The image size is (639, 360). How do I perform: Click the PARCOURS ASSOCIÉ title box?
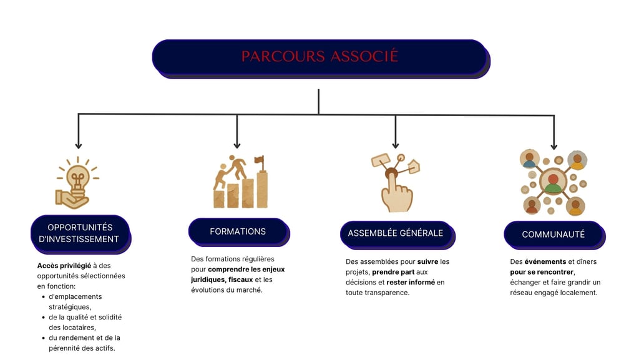coord(319,57)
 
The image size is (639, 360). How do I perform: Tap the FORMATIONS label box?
coord(238,231)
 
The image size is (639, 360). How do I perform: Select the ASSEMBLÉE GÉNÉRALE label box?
coord(395,233)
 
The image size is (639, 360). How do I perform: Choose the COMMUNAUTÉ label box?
coord(553,235)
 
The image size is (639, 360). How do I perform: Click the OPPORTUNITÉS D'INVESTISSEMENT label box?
coord(79,233)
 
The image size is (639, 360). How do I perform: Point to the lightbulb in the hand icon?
coord(77,177)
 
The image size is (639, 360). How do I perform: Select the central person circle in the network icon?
coord(553,182)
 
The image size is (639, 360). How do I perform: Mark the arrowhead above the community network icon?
coord(554,146)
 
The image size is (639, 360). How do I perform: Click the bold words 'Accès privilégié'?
coord(64,266)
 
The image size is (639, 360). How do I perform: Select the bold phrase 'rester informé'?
coord(411,283)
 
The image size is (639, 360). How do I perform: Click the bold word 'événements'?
coord(545,262)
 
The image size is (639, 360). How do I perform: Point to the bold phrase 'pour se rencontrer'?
coord(542,273)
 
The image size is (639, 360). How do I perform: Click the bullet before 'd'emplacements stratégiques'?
coord(43,297)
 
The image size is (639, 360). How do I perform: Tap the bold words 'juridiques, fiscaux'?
coord(222,280)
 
